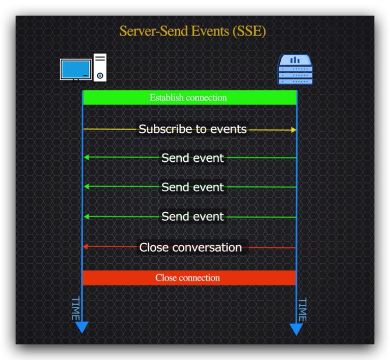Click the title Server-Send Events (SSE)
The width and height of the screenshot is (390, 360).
192,31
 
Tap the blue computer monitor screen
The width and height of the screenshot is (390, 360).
76,69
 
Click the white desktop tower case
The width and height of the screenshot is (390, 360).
100,67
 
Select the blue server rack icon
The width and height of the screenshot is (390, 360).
295,70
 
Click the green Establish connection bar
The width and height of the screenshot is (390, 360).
190,97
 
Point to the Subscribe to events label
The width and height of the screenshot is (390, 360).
193,129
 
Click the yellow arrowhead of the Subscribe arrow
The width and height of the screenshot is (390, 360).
293,130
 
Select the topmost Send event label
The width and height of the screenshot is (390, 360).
193,158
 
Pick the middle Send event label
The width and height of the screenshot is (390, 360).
193,187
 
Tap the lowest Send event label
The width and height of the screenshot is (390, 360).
193,216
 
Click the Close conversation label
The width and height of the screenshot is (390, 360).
190,247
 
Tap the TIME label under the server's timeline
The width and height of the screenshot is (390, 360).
302,310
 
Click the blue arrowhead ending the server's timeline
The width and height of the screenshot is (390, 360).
296,329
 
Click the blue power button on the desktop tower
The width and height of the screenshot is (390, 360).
100,76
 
